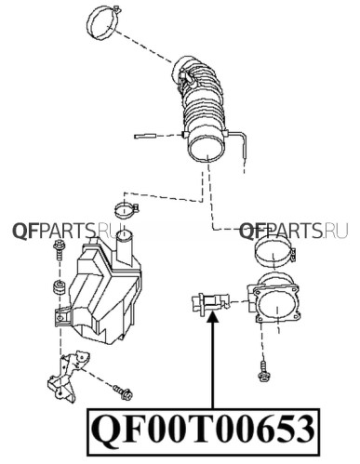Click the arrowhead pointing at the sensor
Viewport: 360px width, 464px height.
pos(213,318)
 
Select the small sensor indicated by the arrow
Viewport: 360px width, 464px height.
pos(210,303)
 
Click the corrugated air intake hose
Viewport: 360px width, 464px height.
pos(202,105)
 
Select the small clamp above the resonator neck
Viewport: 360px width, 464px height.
pos(126,210)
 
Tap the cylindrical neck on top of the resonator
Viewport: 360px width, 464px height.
pos(126,247)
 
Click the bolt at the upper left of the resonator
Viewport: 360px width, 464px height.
pos(59,249)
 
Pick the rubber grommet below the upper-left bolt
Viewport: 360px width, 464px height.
pos(59,287)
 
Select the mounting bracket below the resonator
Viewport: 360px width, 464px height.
pos(68,377)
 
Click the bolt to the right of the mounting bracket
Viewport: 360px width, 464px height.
pos(123,392)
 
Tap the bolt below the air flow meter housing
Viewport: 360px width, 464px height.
pos(263,371)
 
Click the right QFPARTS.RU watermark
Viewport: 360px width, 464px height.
pos(293,232)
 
